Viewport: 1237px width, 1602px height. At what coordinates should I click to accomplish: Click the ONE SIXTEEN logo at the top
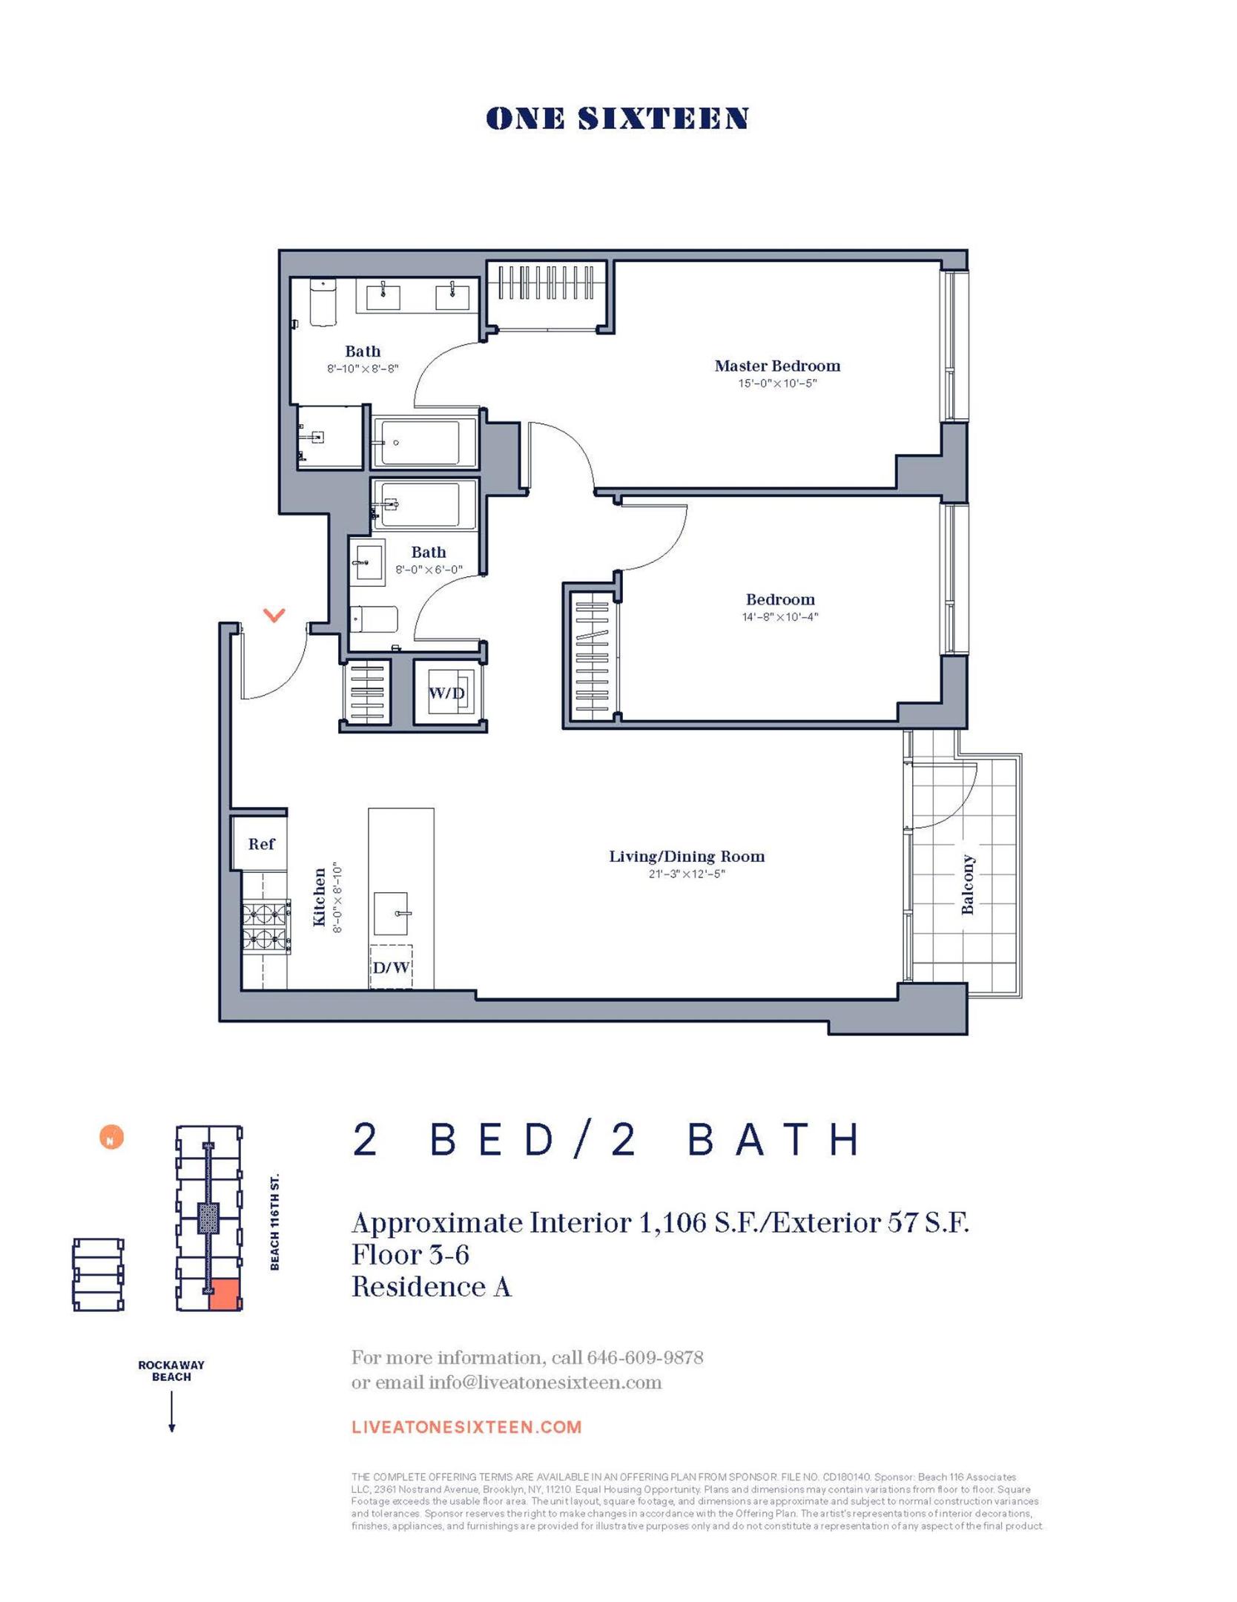616,119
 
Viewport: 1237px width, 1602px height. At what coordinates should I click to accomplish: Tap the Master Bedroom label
776,366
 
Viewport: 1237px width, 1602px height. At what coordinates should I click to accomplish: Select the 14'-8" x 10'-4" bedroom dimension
779,617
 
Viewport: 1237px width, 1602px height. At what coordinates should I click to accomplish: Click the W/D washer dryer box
447,693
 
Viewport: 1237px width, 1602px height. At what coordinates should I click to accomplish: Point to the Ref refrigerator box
260,844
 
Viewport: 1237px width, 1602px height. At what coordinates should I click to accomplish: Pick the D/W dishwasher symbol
391,967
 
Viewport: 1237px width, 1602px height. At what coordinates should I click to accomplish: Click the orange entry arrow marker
274,615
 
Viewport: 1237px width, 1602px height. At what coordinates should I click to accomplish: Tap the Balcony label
967,884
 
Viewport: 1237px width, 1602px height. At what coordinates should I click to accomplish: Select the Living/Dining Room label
686,857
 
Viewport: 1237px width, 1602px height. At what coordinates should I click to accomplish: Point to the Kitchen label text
320,897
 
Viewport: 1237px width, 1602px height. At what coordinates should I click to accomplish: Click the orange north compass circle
111,1138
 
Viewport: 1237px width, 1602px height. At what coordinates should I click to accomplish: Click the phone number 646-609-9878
644,1358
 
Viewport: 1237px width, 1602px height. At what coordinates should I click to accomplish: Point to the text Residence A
432,1287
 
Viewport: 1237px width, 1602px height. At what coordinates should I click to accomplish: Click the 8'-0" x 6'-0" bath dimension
429,570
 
